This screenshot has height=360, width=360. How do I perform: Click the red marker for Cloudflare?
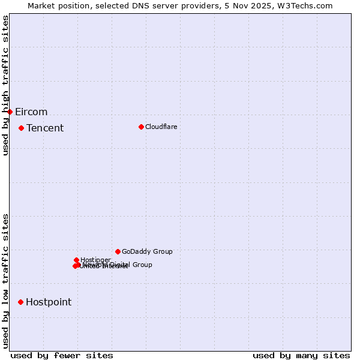[x=141, y=127]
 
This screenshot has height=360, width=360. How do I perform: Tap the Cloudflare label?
[x=161, y=127]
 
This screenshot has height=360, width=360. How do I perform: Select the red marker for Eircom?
[x=10, y=112]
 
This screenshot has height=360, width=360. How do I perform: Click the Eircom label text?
[x=31, y=112]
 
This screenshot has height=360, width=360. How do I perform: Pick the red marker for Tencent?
[x=21, y=128]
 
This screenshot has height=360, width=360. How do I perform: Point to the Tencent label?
[x=45, y=128]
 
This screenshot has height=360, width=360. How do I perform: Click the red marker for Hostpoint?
[x=20, y=302]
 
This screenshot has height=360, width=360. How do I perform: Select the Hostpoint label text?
[x=49, y=302]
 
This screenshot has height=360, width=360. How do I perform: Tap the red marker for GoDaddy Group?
[x=118, y=251]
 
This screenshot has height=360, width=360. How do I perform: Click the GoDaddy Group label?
[x=147, y=252]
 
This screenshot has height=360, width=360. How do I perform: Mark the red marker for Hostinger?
[x=76, y=260]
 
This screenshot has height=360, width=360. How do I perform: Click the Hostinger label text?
[x=95, y=260]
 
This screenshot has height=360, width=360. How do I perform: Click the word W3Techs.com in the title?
[x=308, y=5]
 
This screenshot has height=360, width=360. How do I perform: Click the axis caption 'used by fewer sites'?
[x=62, y=355]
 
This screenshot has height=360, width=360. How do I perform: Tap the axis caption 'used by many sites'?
[x=301, y=355]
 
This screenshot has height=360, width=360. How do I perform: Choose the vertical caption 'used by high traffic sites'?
[x=5, y=86]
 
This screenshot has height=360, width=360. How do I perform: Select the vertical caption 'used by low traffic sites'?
[x=5, y=281]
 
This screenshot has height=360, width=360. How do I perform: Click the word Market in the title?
[x=42, y=5]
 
